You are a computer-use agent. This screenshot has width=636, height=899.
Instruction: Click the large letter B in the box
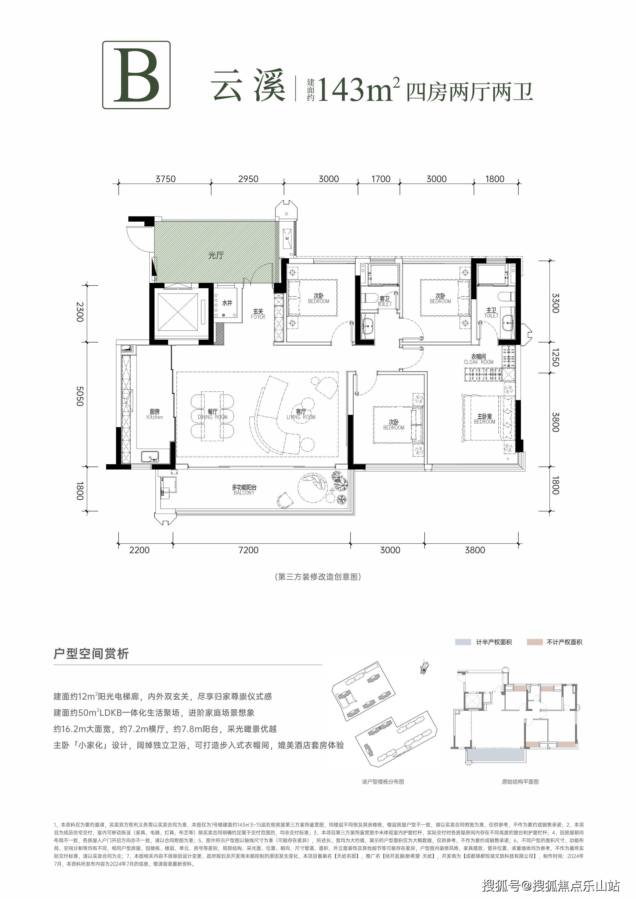click(136, 75)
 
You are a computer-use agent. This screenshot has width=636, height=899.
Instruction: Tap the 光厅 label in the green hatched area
click(216, 255)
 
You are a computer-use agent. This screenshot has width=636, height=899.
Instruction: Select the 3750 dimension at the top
click(165, 179)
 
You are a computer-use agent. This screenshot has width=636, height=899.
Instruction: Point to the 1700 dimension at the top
click(381, 179)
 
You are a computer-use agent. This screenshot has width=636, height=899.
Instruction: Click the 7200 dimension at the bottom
click(248, 550)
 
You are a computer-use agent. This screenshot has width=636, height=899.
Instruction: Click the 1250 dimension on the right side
click(555, 357)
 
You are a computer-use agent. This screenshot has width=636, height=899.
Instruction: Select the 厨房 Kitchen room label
click(155, 414)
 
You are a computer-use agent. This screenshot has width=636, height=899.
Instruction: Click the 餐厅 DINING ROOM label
click(212, 414)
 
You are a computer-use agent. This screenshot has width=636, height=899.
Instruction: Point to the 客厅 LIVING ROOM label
click(301, 414)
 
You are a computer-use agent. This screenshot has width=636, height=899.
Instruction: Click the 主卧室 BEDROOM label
click(485, 419)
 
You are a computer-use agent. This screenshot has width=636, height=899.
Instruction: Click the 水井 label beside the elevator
click(227, 303)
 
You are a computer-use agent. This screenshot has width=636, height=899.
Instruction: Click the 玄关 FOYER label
click(258, 314)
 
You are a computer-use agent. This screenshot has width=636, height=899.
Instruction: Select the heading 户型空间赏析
click(91, 654)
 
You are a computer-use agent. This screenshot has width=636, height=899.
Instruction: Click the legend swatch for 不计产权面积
click(535, 642)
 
